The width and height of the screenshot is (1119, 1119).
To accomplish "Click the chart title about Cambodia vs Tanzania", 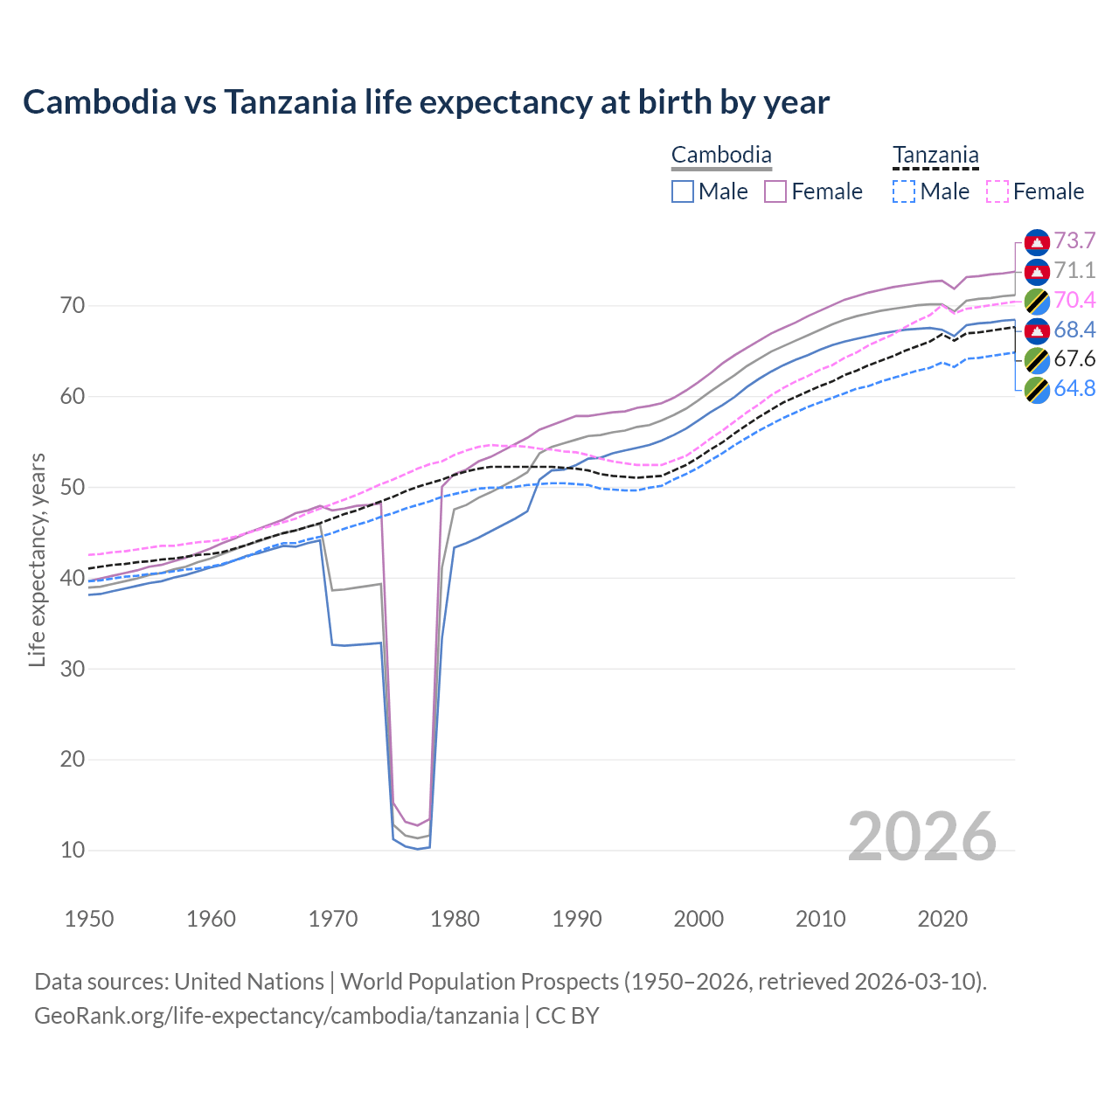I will pos(426,102).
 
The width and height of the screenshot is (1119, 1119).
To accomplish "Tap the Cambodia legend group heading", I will pos(721,156).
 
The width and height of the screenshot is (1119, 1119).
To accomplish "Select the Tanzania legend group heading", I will pos(935,156).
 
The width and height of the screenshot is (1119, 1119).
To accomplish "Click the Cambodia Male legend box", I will pos(683,191).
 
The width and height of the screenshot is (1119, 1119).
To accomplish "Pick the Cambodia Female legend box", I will pos(775,191).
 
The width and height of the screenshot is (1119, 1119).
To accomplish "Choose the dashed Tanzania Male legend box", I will pos(904,191).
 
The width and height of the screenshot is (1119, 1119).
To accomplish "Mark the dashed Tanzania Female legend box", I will pos(997,191).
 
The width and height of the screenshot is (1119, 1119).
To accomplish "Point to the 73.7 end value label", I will pos(1074,240).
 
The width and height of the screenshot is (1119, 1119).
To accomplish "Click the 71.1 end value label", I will pos(1074,270).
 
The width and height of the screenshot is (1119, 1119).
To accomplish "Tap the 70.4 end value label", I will pos(1074,300).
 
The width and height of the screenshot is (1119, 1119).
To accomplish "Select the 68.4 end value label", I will pos(1074,330).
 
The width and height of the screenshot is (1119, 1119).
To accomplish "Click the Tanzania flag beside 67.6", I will pos(1037,359).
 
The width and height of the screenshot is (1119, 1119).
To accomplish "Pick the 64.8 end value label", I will pos(1074,388).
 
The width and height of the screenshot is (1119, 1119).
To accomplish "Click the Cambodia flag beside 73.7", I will pos(1037,241).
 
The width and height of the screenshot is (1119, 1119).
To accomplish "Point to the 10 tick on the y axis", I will pos(73,850).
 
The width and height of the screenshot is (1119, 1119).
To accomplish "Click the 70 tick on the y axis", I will pos(73,306).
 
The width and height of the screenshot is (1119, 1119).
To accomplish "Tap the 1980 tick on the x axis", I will pos(455,919).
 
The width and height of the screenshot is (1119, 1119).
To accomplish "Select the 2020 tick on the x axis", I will pos(942,919).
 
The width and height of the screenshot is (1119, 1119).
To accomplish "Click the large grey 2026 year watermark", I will pos(921,837).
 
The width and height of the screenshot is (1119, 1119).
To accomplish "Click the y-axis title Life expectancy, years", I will pos(38,559).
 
